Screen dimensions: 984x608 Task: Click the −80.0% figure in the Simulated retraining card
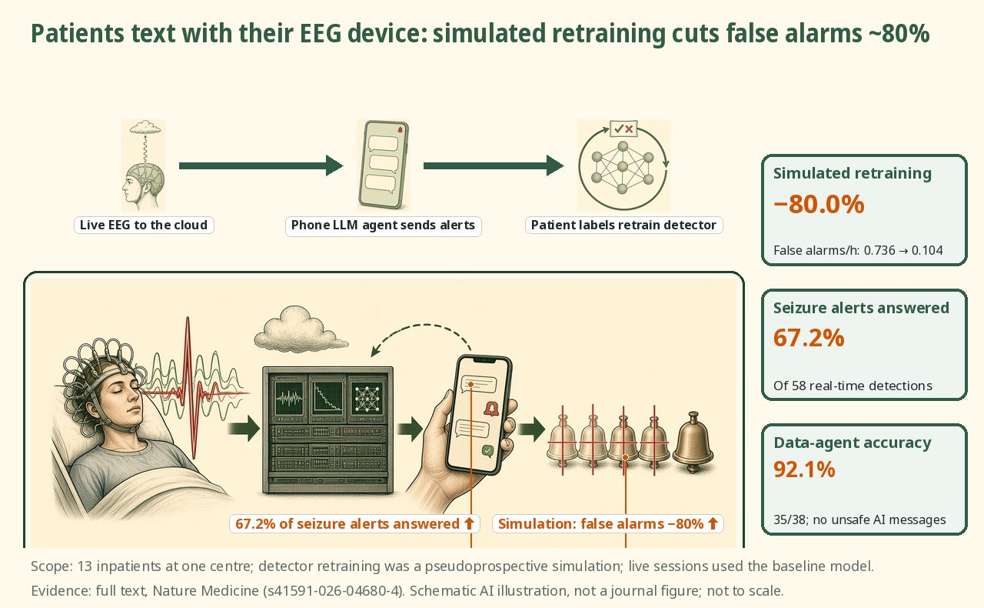coord(819,204)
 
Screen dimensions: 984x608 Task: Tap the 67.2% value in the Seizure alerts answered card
coord(809,338)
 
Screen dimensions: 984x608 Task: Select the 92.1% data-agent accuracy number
coord(804,469)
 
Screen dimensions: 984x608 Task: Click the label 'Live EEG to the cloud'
coord(144,225)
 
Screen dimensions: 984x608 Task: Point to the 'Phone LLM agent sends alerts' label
coord(383,225)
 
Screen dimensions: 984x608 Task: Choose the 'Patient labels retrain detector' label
coord(623,225)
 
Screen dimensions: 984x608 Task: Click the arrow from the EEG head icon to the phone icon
coord(261,165)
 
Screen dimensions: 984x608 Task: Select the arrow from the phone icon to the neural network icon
coord(494,165)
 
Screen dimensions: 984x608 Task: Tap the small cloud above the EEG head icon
coord(145,127)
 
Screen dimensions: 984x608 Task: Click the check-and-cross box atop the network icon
coord(623,129)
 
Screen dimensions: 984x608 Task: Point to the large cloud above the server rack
coord(300,329)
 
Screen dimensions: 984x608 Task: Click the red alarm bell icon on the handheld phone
coord(491,409)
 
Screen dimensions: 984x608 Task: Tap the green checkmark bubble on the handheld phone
coord(487,450)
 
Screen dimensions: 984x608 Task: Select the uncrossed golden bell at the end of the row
coord(693,441)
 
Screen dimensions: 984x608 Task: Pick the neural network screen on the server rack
coord(367,399)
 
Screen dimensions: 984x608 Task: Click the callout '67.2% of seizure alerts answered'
coord(354,523)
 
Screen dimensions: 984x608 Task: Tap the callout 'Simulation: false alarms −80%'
coord(608,523)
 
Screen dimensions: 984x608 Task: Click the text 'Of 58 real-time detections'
coord(853,386)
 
